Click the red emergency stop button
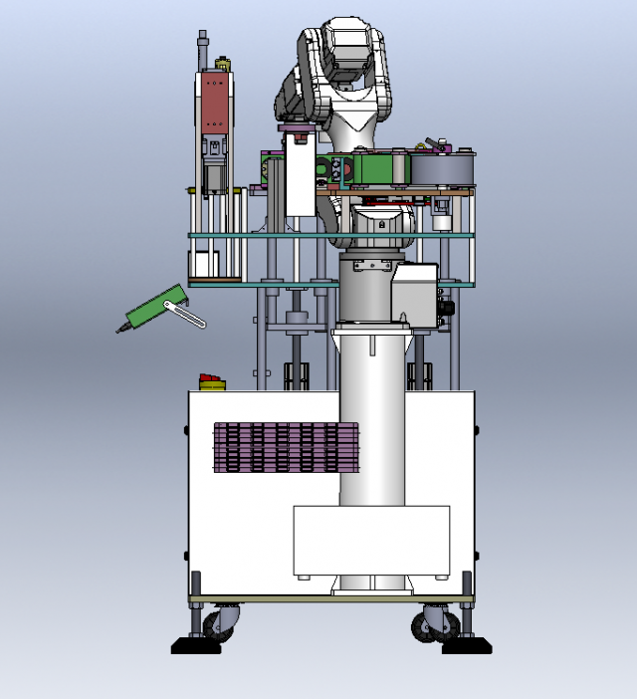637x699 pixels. tap(212, 380)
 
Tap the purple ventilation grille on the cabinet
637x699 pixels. tap(285, 447)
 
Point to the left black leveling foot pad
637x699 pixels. tap(195, 646)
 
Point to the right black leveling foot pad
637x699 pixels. tap(467, 646)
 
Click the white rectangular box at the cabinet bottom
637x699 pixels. tap(370, 541)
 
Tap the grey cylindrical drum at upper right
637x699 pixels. tap(439, 168)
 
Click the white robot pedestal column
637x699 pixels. tap(372, 418)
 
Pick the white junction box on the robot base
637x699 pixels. tap(414, 292)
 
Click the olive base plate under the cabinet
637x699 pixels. tap(331, 599)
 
